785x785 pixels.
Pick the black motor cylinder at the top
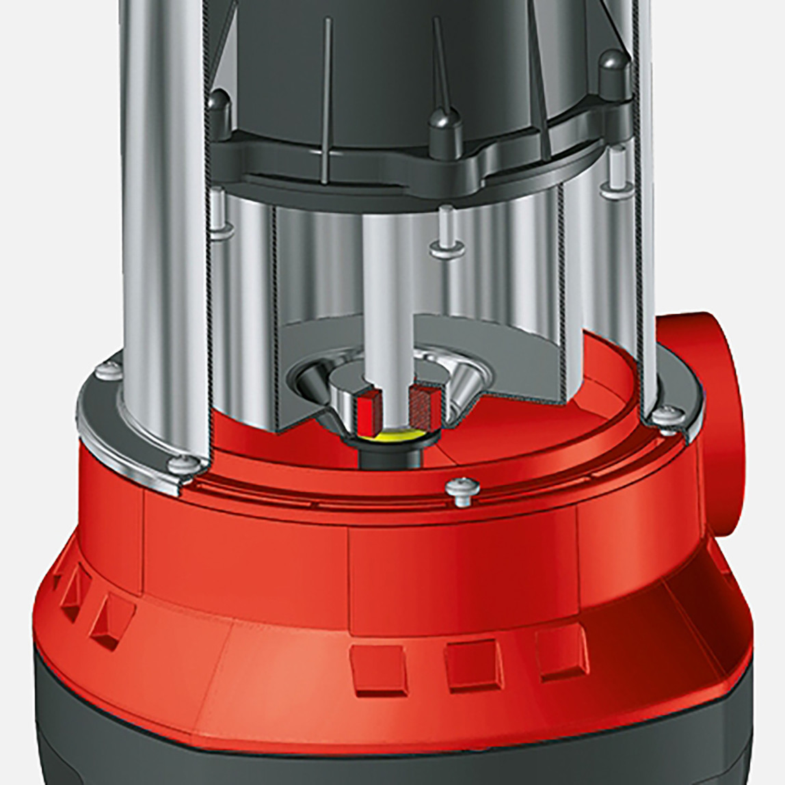(383, 62)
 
